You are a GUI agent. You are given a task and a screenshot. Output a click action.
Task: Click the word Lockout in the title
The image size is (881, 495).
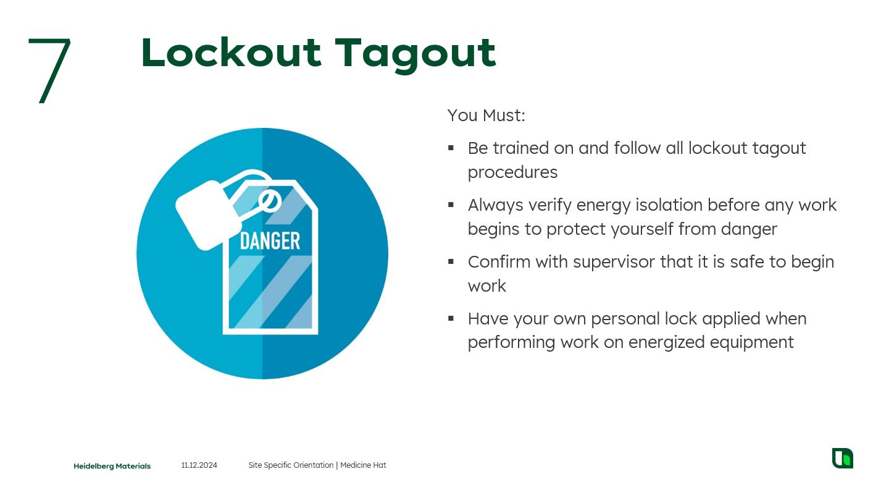[232, 53]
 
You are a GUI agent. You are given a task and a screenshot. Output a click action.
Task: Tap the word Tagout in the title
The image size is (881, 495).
[415, 55]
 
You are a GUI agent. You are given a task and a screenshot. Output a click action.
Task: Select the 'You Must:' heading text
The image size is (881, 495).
[486, 116]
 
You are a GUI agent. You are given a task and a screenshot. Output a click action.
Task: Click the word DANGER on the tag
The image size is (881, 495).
[270, 240]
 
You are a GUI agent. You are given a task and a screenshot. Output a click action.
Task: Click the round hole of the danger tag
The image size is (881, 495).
[270, 201]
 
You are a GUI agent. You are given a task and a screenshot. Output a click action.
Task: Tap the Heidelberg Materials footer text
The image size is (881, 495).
[112, 466]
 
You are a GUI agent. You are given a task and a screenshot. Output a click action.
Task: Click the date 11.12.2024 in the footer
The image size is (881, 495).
[199, 465]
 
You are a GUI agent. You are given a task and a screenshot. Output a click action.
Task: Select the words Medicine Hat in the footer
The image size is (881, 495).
[363, 465]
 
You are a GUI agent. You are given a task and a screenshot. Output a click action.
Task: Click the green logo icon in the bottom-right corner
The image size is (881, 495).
[843, 458]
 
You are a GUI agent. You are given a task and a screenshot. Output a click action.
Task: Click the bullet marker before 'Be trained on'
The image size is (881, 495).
[451, 148]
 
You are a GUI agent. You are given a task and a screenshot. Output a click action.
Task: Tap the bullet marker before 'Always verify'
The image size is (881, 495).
[451, 205]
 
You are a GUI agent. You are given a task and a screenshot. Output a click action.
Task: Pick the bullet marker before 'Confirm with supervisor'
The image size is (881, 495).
[451, 261]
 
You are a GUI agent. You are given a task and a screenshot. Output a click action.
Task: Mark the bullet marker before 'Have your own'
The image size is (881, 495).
[451, 318]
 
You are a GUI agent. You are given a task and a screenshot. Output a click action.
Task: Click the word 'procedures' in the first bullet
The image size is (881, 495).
[512, 172]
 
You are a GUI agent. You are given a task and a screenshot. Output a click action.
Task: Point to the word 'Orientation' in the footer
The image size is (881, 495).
[313, 465]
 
